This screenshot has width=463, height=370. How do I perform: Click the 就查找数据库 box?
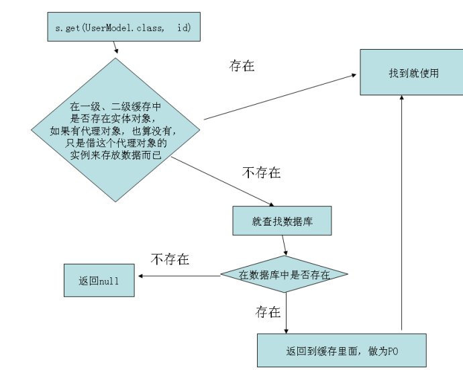pyautogui.click(x=282, y=220)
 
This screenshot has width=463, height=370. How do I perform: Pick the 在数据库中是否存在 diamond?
pyautogui.click(x=284, y=273)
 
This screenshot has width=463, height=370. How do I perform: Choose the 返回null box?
pyautogui.click(x=99, y=279)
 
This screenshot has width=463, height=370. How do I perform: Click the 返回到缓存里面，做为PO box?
pyautogui.click(x=342, y=351)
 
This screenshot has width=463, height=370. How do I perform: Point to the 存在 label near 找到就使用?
pyautogui.click(x=242, y=68)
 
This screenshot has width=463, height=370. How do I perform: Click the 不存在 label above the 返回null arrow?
pyautogui.click(x=170, y=259)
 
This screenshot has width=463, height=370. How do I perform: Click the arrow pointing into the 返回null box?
pyautogui.click(x=178, y=276)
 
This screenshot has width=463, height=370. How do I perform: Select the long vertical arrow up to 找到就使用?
pyautogui.click(x=401, y=215)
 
